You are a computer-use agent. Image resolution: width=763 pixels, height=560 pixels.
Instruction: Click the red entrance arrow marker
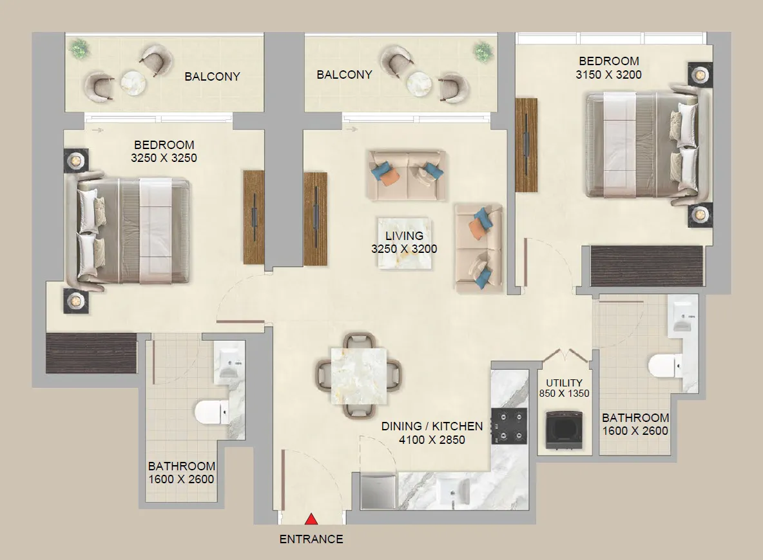pyautogui.click(x=311, y=519)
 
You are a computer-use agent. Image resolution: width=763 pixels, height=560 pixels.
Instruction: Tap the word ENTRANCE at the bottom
pyautogui.click(x=311, y=539)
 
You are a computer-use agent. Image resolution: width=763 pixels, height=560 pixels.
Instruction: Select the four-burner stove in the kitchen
pyautogui.click(x=508, y=426)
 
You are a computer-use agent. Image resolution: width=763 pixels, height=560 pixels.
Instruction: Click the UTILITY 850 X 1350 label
pyautogui.click(x=564, y=388)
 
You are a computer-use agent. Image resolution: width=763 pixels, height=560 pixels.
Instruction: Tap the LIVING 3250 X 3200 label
pyautogui.click(x=404, y=243)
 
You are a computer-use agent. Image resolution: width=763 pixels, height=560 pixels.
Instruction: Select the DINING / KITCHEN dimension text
pyautogui.click(x=432, y=433)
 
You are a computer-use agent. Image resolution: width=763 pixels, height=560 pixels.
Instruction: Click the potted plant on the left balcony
pyautogui.click(x=80, y=48)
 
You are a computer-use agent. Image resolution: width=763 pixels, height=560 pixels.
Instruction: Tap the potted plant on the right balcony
pyautogui.click(x=482, y=50)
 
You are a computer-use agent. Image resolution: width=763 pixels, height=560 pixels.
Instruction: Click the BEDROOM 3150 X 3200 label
pyautogui.click(x=608, y=68)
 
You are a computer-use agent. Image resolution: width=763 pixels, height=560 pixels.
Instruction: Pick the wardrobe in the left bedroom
pyautogui.click(x=92, y=352)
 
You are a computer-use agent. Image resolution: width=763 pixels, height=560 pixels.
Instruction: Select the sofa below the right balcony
pyautogui.click(x=406, y=175)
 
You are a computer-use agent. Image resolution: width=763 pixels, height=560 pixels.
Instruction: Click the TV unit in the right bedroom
pyautogui.click(x=526, y=145)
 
